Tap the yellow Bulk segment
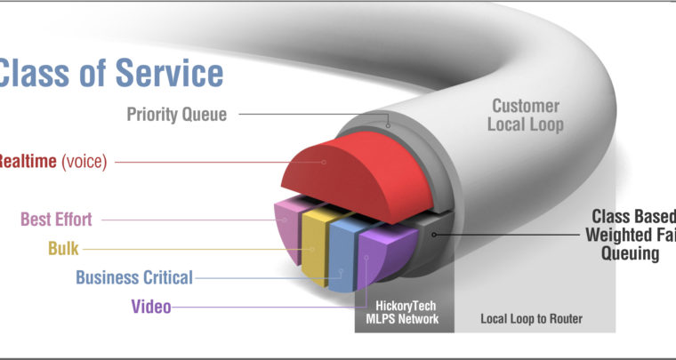click(x=314, y=244)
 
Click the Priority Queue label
click(x=176, y=114)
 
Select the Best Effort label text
click(x=58, y=219)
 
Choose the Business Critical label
click(x=133, y=277)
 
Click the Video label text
click(x=151, y=308)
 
